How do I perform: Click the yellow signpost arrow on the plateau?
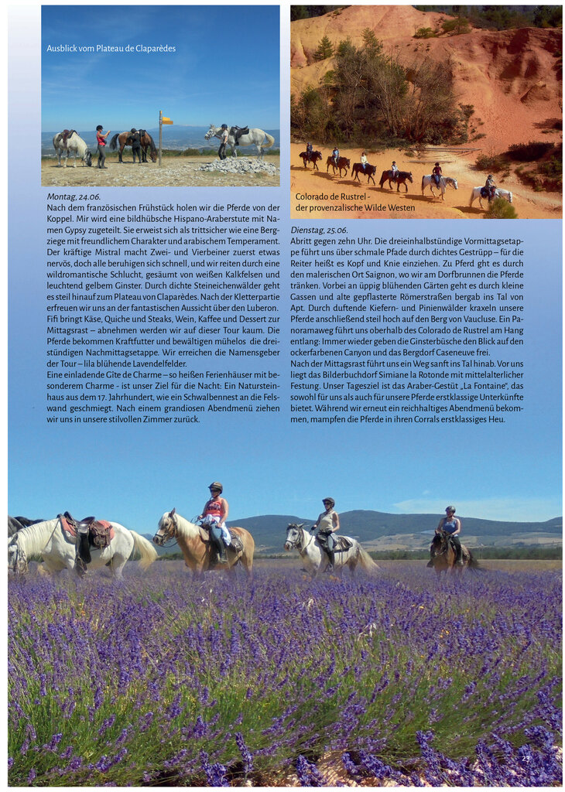[x=166, y=121]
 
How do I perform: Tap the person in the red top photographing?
[x=100, y=145]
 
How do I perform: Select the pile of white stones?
[x=239, y=165]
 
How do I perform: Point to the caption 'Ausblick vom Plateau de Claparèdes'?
[x=111, y=49]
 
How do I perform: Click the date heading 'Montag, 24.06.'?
[x=74, y=196]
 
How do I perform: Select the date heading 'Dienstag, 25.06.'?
[x=319, y=230]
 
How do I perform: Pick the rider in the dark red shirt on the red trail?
[x=437, y=172]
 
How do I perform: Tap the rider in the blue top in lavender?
[x=449, y=525]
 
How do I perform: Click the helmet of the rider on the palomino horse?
[x=215, y=486]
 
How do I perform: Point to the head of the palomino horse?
[x=165, y=528]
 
